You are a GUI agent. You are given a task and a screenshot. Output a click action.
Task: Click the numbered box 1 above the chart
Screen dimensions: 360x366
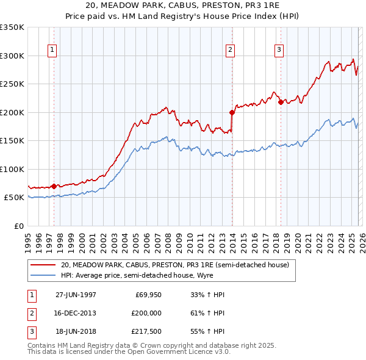point(52,50)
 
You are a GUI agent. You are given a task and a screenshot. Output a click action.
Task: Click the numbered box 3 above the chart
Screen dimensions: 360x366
point(279,50)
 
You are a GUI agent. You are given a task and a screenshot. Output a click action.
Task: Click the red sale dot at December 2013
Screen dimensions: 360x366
point(232,112)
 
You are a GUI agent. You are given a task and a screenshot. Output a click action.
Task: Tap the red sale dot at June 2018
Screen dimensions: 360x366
point(280,103)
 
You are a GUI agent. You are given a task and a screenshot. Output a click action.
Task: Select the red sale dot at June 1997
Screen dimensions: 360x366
point(54,186)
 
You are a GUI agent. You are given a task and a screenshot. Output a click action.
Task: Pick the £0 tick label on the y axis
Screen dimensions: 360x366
point(18,226)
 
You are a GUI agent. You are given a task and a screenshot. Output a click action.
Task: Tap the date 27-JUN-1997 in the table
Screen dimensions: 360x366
point(76,295)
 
